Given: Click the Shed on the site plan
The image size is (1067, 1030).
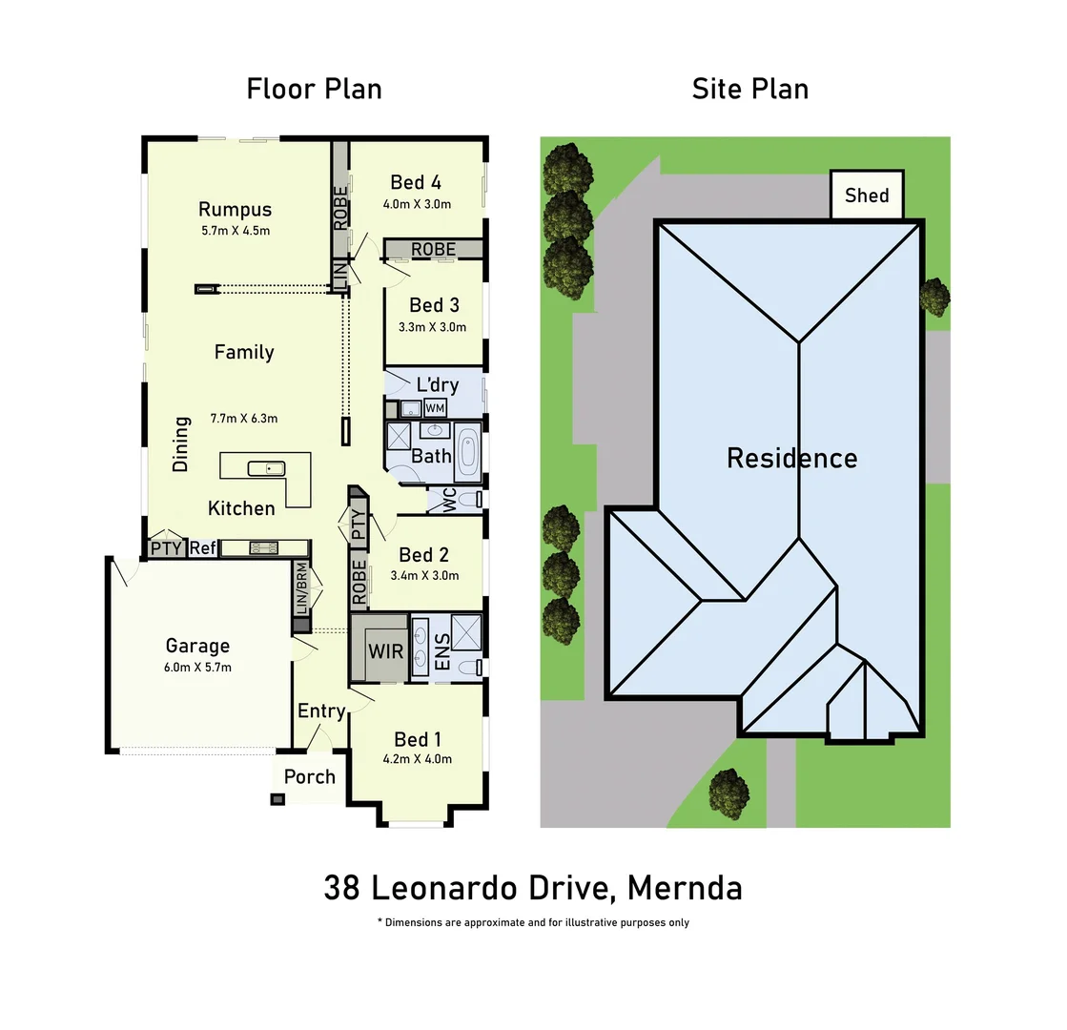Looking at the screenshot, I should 866,196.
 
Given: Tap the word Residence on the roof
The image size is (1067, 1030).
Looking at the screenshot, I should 791,458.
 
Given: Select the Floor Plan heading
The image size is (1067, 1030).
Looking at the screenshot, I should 314,89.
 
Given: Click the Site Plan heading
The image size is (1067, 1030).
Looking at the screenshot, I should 749,89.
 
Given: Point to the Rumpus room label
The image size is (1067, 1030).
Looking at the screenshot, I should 235,210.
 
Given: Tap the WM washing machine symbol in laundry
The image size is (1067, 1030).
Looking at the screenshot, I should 435,408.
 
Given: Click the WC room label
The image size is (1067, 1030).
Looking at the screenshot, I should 448,501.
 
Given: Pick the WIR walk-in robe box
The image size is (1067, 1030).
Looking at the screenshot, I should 386,653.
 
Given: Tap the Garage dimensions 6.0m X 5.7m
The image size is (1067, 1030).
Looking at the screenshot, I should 197,667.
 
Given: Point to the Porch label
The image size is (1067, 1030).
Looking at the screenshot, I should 310,776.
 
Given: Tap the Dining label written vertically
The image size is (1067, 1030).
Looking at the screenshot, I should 180,443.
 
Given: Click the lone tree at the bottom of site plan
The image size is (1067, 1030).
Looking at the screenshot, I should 729,793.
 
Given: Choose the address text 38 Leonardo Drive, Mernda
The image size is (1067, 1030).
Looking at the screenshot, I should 532,888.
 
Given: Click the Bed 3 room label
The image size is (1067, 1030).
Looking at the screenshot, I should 434,305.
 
